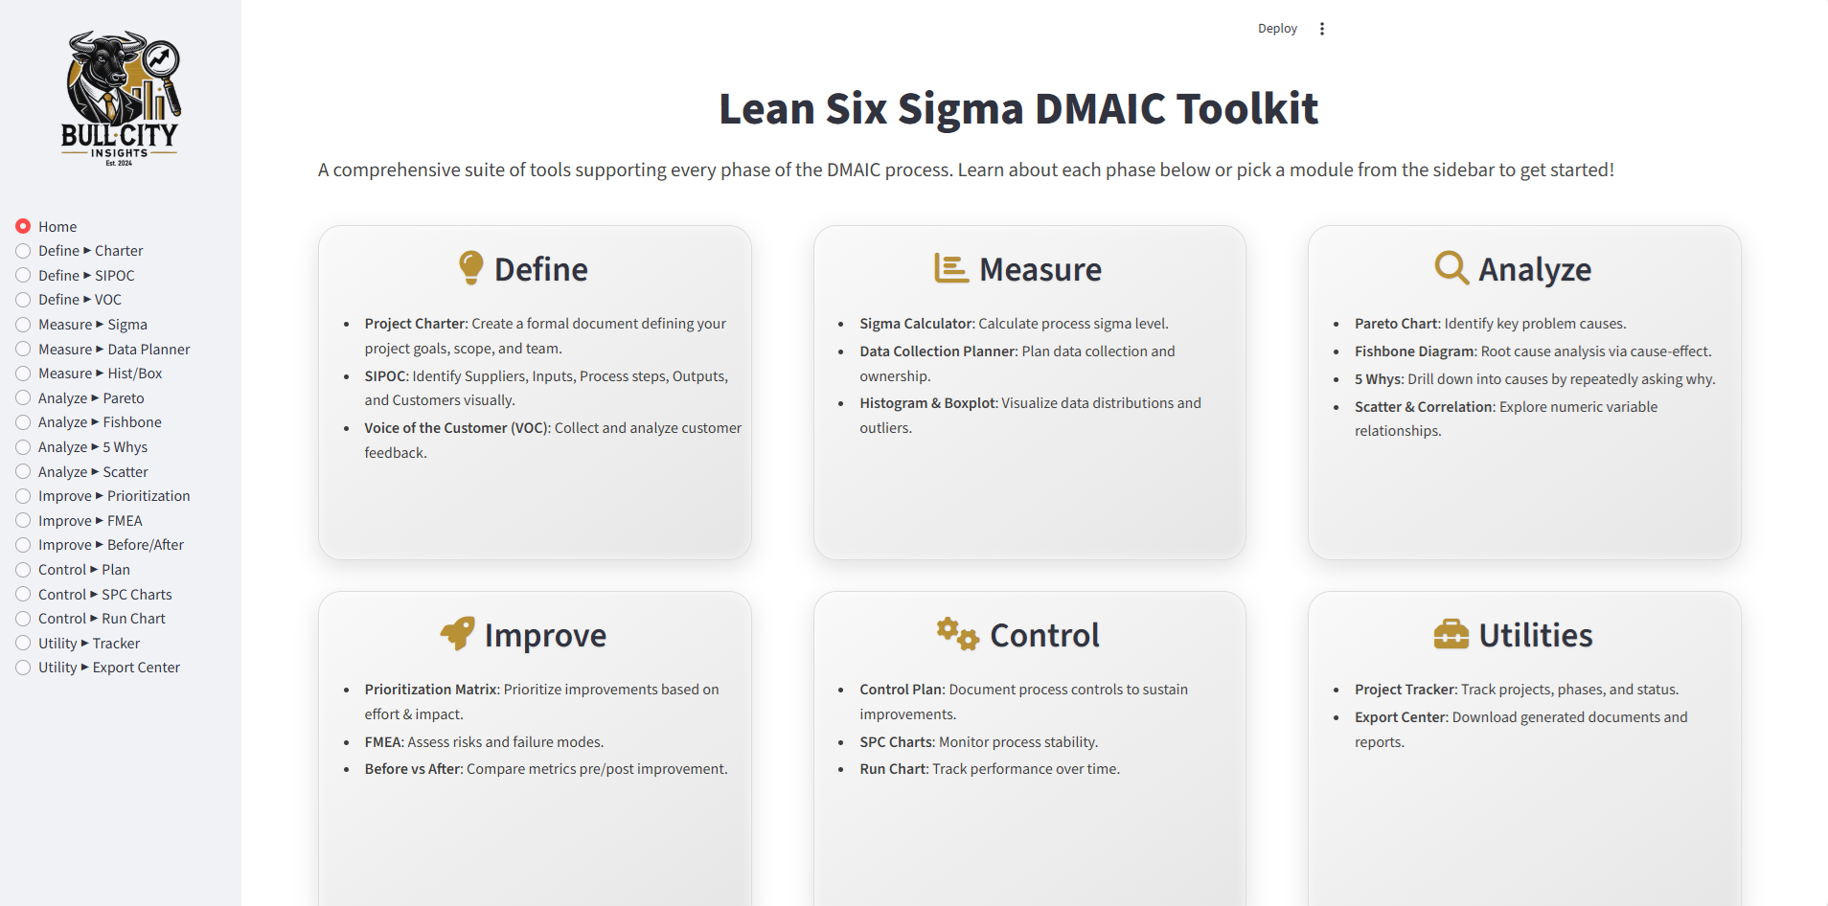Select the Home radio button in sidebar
[x=23, y=226]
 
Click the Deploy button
[x=1277, y=29]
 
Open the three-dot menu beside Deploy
[x=1322, y=29]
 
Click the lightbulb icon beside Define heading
[x=470, y=268]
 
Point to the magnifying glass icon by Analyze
[x=1451, y=268]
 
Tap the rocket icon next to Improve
[x=457, y=633]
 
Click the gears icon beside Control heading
[x=958, y=633]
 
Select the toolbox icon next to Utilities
[x=1451, y=634]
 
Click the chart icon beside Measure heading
[x=951, y=268]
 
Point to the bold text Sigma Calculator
[x=916, y=324]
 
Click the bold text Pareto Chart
[x=1397, y=324]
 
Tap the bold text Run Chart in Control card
[x=893, y=769]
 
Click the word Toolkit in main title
[x=1247, y=108]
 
